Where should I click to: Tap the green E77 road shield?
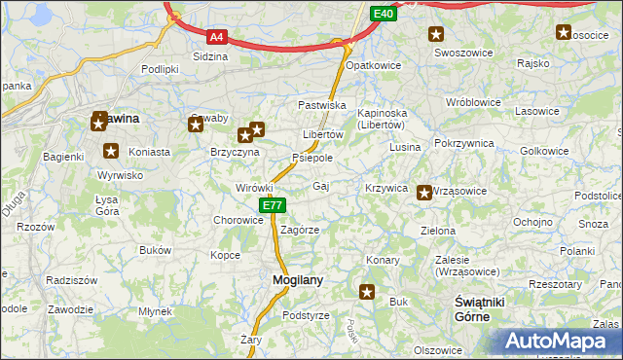tap(273, 205)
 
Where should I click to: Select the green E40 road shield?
tap(384, 14)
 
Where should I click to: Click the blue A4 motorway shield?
tap(217, 38)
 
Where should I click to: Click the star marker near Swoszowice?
tap(435, 34)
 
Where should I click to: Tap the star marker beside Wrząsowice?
tap(424, 193)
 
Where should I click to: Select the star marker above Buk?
tap(367, 291)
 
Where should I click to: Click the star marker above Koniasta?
tap(111, 151)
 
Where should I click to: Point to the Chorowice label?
tap(239, 220)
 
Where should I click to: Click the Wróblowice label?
tap(471, 101)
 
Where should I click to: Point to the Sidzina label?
tap(210, 56)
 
